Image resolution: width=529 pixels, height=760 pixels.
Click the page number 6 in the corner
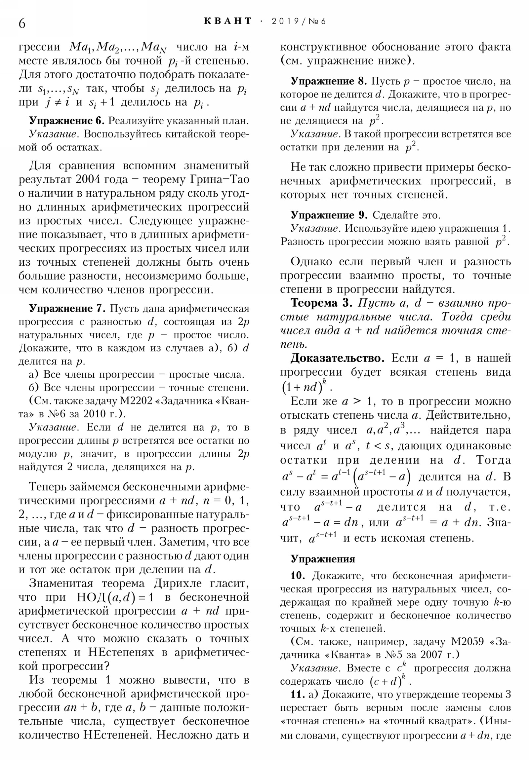[22, 23]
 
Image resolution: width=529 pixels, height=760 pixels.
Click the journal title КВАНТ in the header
[228, 21]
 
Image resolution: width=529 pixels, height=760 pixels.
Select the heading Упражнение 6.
[67, 121]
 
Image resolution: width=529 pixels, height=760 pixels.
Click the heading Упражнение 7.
[67, 309]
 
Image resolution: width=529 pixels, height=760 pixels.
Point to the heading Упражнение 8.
[329, 81]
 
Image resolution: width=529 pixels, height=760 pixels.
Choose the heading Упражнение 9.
[329, 215]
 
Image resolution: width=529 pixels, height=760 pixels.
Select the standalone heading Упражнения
[323, 559]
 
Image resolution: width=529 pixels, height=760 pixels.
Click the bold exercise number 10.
[298, 576]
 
